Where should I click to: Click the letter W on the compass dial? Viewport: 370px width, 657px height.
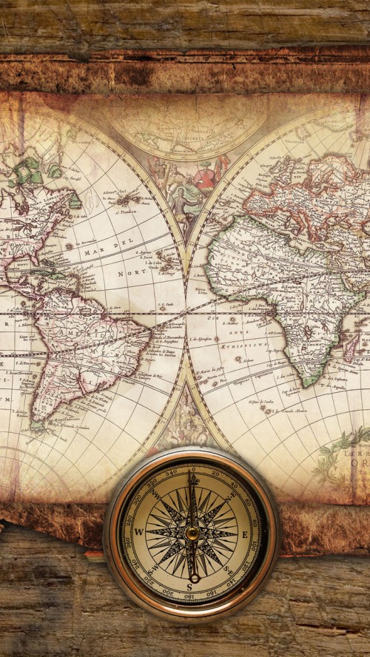point(138,531)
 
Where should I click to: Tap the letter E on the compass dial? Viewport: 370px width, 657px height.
point(245,534)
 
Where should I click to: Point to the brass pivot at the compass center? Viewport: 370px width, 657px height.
point(192,533)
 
